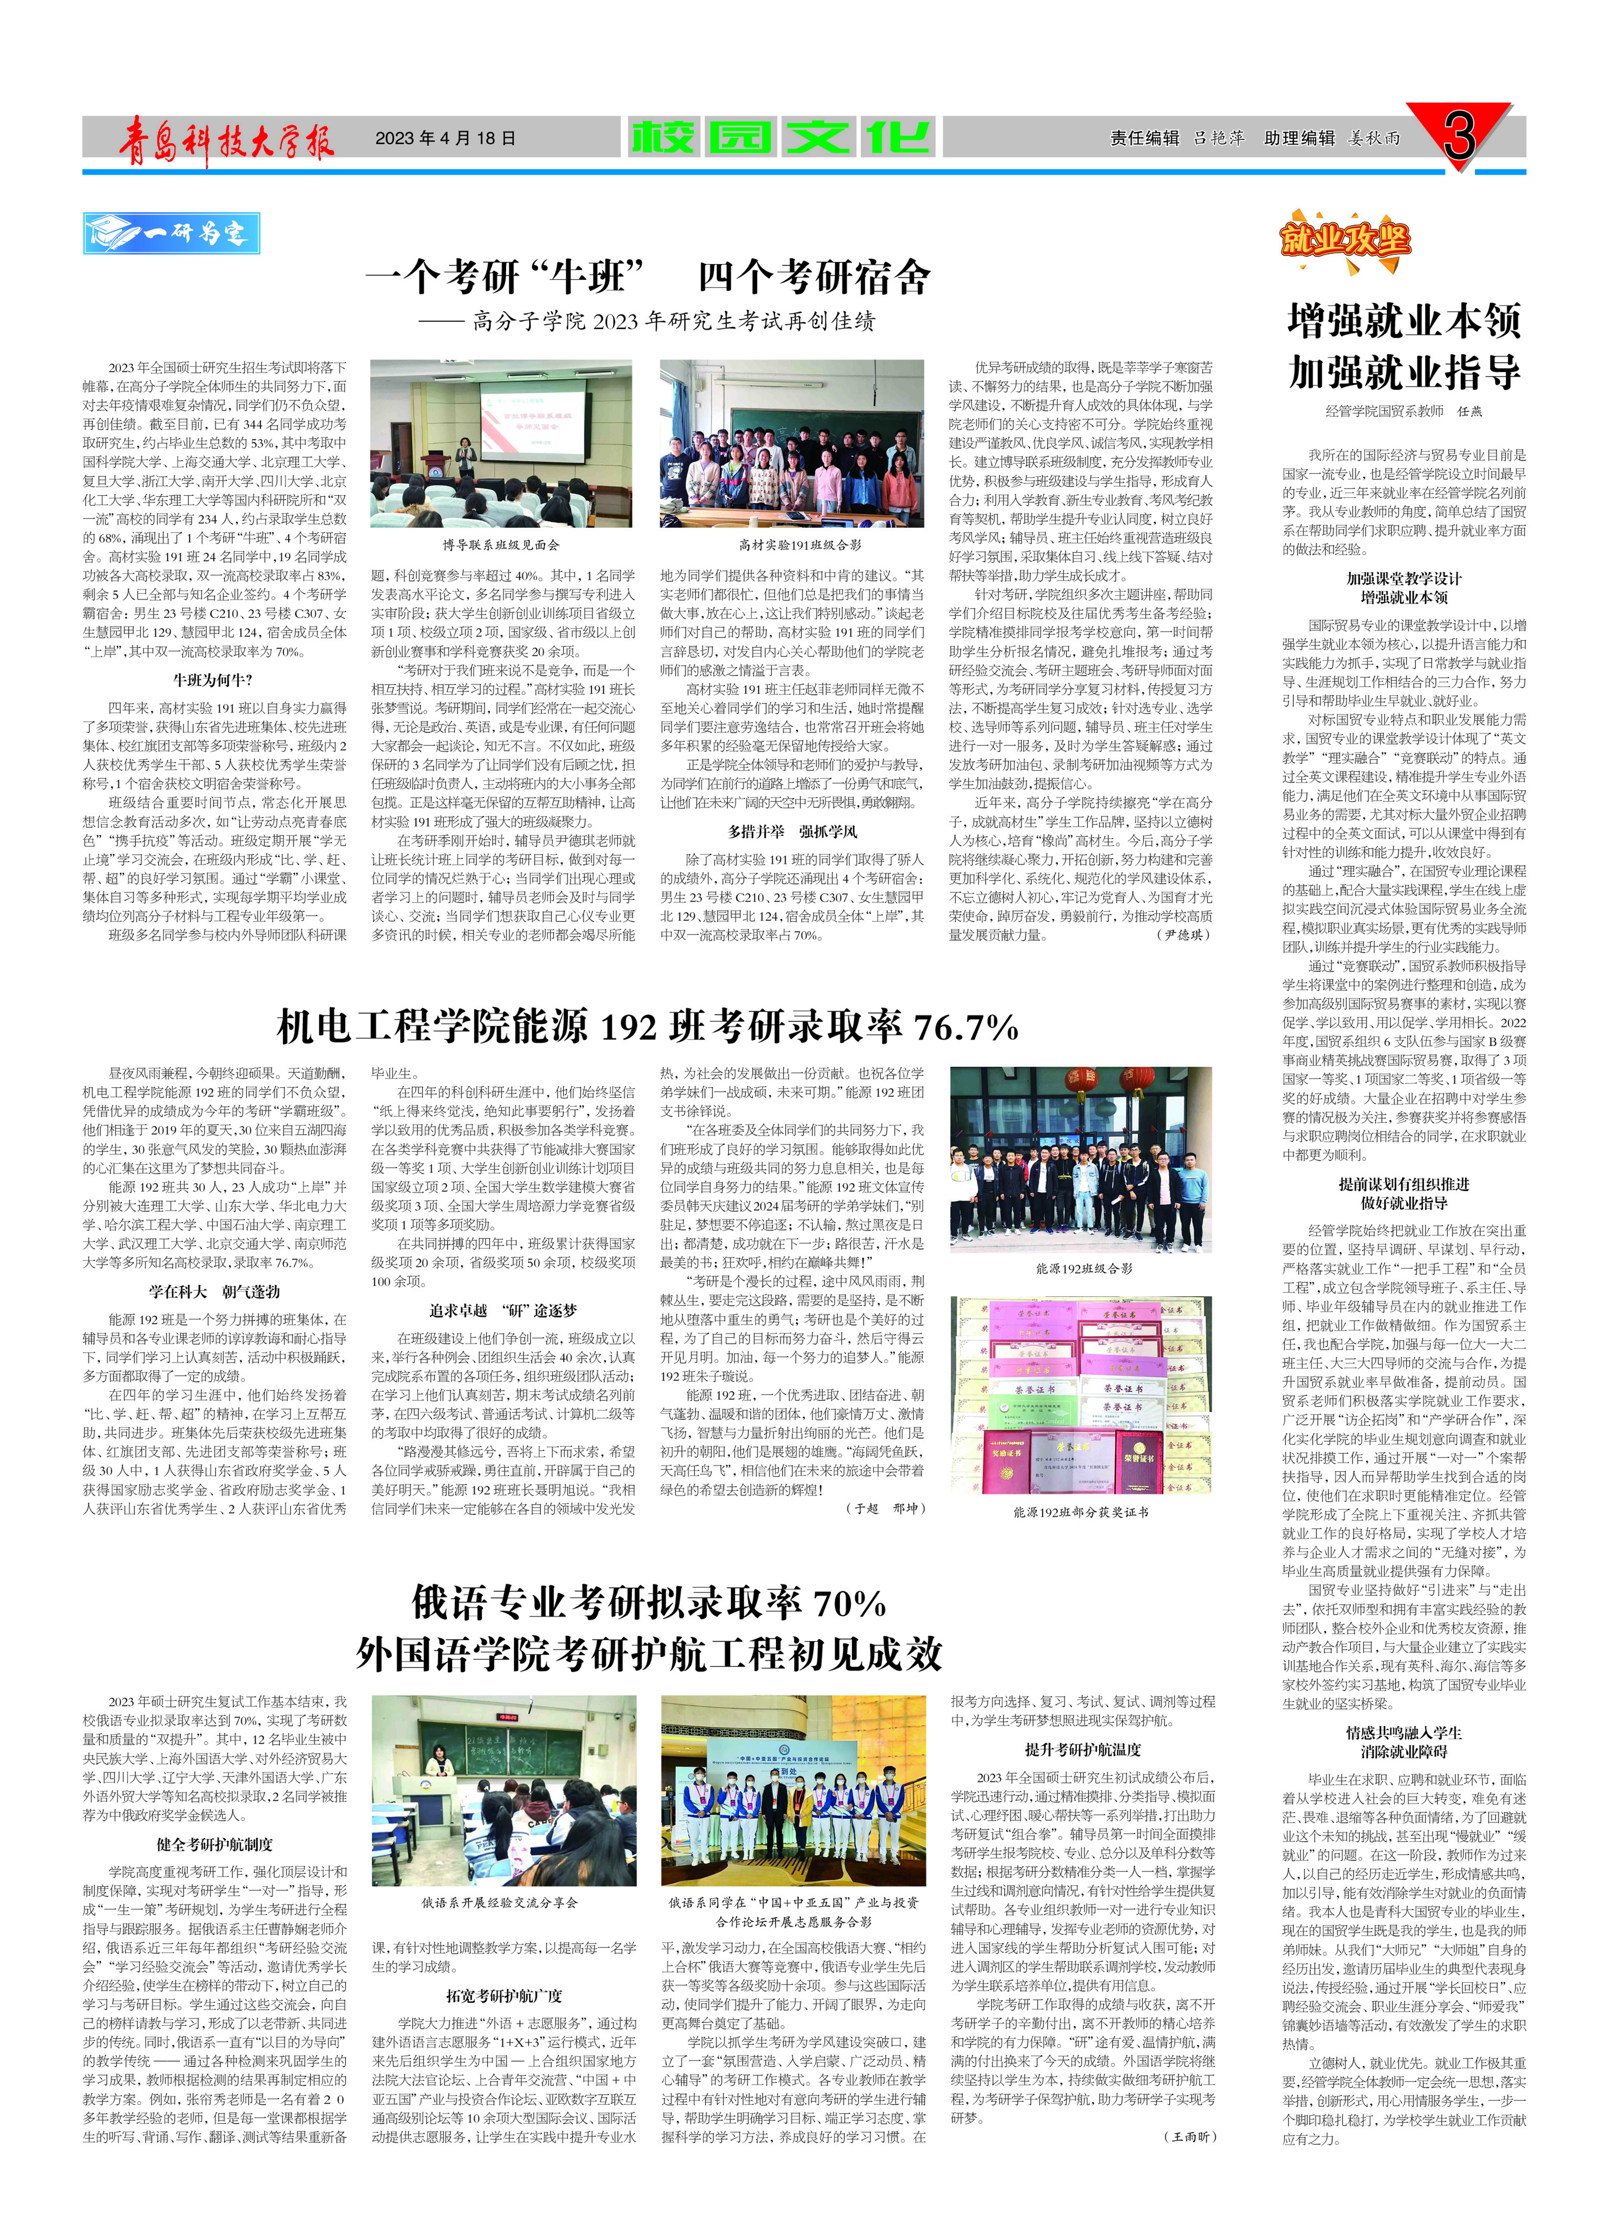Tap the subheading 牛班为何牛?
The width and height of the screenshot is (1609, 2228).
[213, 680]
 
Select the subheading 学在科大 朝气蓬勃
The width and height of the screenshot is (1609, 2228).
[214, 1292]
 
